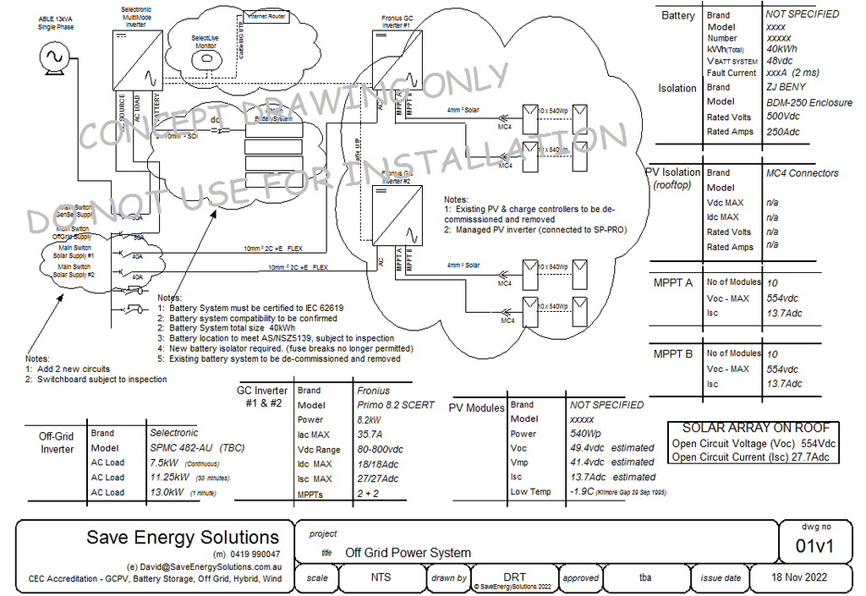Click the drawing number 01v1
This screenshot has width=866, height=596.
pyautogui.click(x=814, y=546)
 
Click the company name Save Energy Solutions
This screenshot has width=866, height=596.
pyautogui.click(x=183, y=538)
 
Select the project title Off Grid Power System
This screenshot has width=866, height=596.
pyautogui.click(x=408, y=553)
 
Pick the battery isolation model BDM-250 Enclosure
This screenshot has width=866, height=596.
pyautogui.click(x=809, y=102)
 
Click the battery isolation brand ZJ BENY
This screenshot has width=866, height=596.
pyautogui.click(x=786, y=87)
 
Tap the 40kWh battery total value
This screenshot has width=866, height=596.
pyautogui.click(x=781, y=48)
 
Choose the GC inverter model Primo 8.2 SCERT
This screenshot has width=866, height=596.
pyautogui.click(x=395, y=405)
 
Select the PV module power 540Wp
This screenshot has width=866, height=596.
pyautogui.click(x=584, y=434)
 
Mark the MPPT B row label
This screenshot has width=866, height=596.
pyautogui.click(x=672, y=354)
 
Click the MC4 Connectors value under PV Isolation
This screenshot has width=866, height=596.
pyautogui.click(x=802, y=173)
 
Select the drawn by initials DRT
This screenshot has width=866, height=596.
pyautogui.click(x=515, y=577)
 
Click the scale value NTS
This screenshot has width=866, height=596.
pyautogui.click(x=381, y=578)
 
